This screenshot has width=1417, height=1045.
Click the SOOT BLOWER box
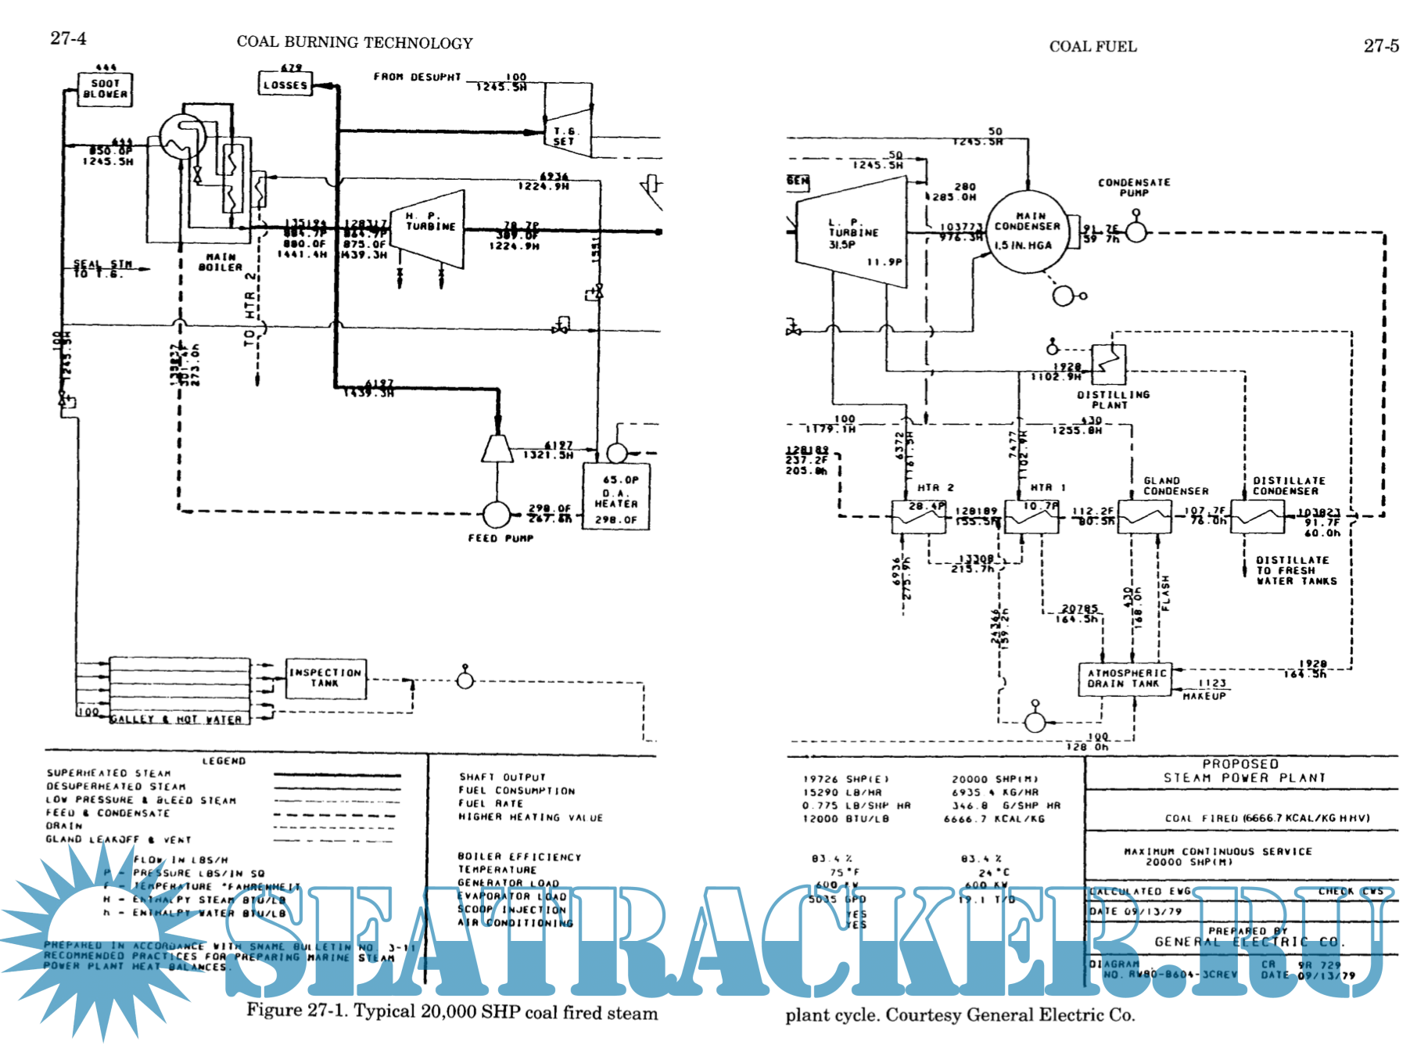pos(106,89)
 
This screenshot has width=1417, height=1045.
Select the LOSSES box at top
pos(285,84)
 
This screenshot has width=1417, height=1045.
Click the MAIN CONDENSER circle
pos(1028,232)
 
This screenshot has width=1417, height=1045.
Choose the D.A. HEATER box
pos(616,497)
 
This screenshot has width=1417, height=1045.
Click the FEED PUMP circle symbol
pos(496,514)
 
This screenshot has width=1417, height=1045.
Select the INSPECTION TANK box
pos(325,678)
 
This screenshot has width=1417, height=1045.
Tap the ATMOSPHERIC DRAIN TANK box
pos(1126,678)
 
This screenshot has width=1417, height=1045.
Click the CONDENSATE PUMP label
pos(1134,188)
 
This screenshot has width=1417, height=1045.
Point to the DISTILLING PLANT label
pos(1113,400)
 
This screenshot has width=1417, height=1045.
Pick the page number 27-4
pos(68,38)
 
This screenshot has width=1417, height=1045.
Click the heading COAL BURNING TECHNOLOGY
pos(354,43)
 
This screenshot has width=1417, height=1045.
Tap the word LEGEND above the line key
pos(224,761)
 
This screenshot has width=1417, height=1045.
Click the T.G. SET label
pos(564,137)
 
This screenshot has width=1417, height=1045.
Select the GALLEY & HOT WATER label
pos(177,720)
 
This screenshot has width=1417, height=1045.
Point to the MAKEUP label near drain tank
pos(1204,696)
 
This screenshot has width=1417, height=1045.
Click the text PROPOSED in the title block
pos(1240,764)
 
